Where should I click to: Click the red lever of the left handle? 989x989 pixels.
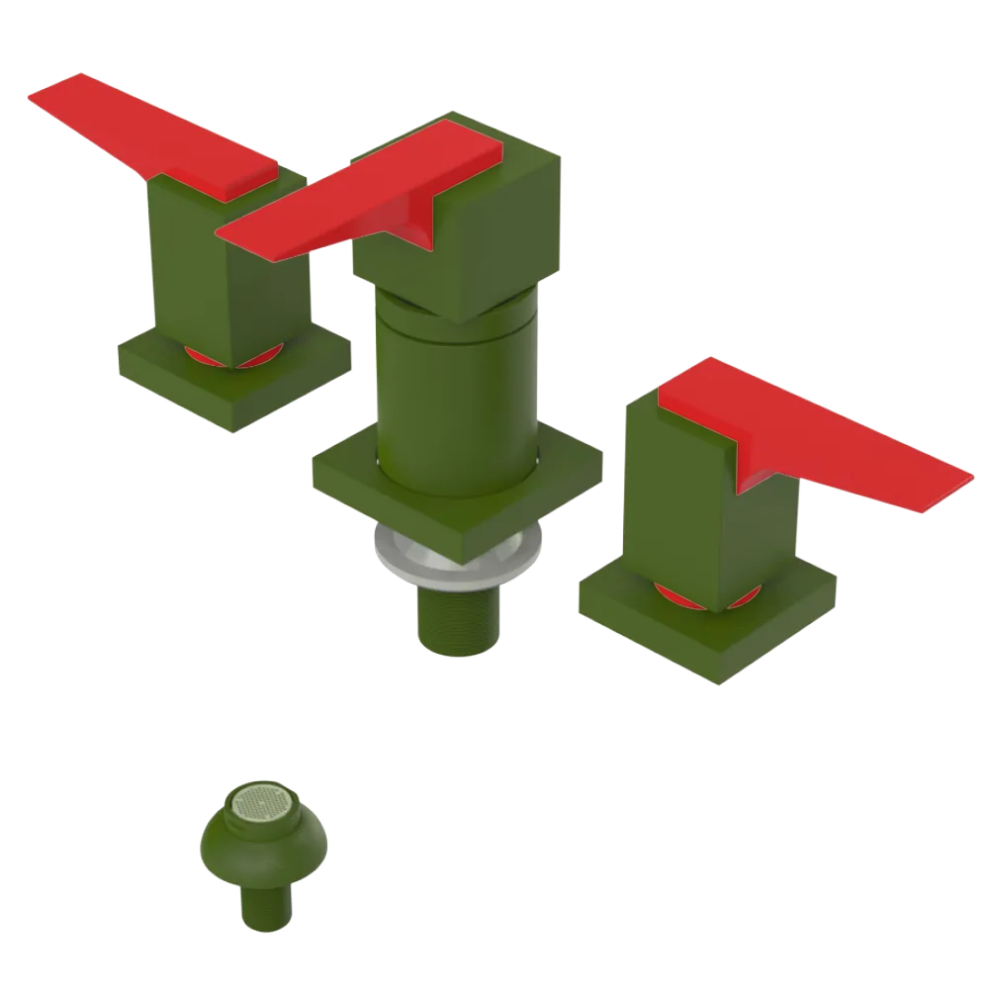(148, 134)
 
